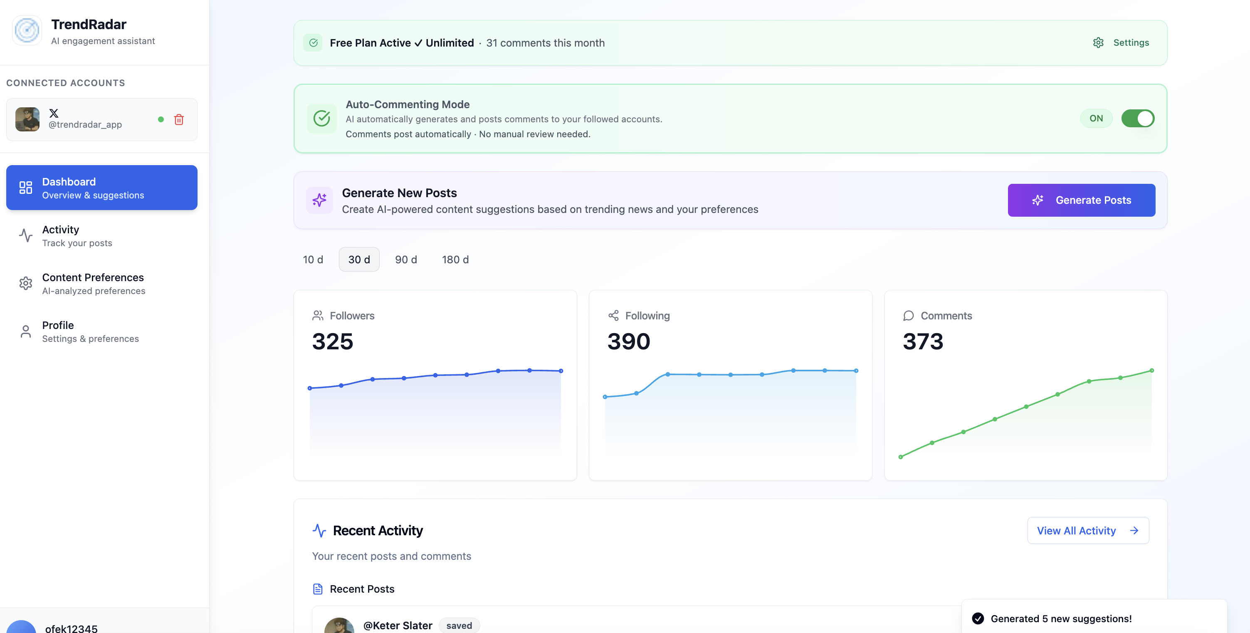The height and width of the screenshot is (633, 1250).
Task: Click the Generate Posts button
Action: [x=1081, y=200]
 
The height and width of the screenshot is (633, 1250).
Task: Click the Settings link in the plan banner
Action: [x=1121, y=43]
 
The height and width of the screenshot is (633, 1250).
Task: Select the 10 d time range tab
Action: [x=313, y=260]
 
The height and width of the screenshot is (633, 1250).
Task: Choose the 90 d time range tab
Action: [x=406, y=260]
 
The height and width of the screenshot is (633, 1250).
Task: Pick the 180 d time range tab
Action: [x=455, y=260]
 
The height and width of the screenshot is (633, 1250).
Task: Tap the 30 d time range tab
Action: [x=359, y=260]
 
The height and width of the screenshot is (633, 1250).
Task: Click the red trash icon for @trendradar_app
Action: [x=179, y=119]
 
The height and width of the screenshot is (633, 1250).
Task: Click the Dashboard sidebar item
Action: [x=101, y=188]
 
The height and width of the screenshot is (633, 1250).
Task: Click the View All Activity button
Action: [x=1087, y=531]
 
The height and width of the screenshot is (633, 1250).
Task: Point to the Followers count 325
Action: [x=332, y=341]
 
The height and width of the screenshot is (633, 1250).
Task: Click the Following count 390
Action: [x=628, y=341]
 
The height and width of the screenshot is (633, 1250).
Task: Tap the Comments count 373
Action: [x=923, y=341]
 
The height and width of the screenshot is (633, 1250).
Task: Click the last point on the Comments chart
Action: [x=1151, y=371]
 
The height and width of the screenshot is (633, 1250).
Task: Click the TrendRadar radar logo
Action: [x=27, y=30]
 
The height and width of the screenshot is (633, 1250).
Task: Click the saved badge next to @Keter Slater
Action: [x=459, y=625]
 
